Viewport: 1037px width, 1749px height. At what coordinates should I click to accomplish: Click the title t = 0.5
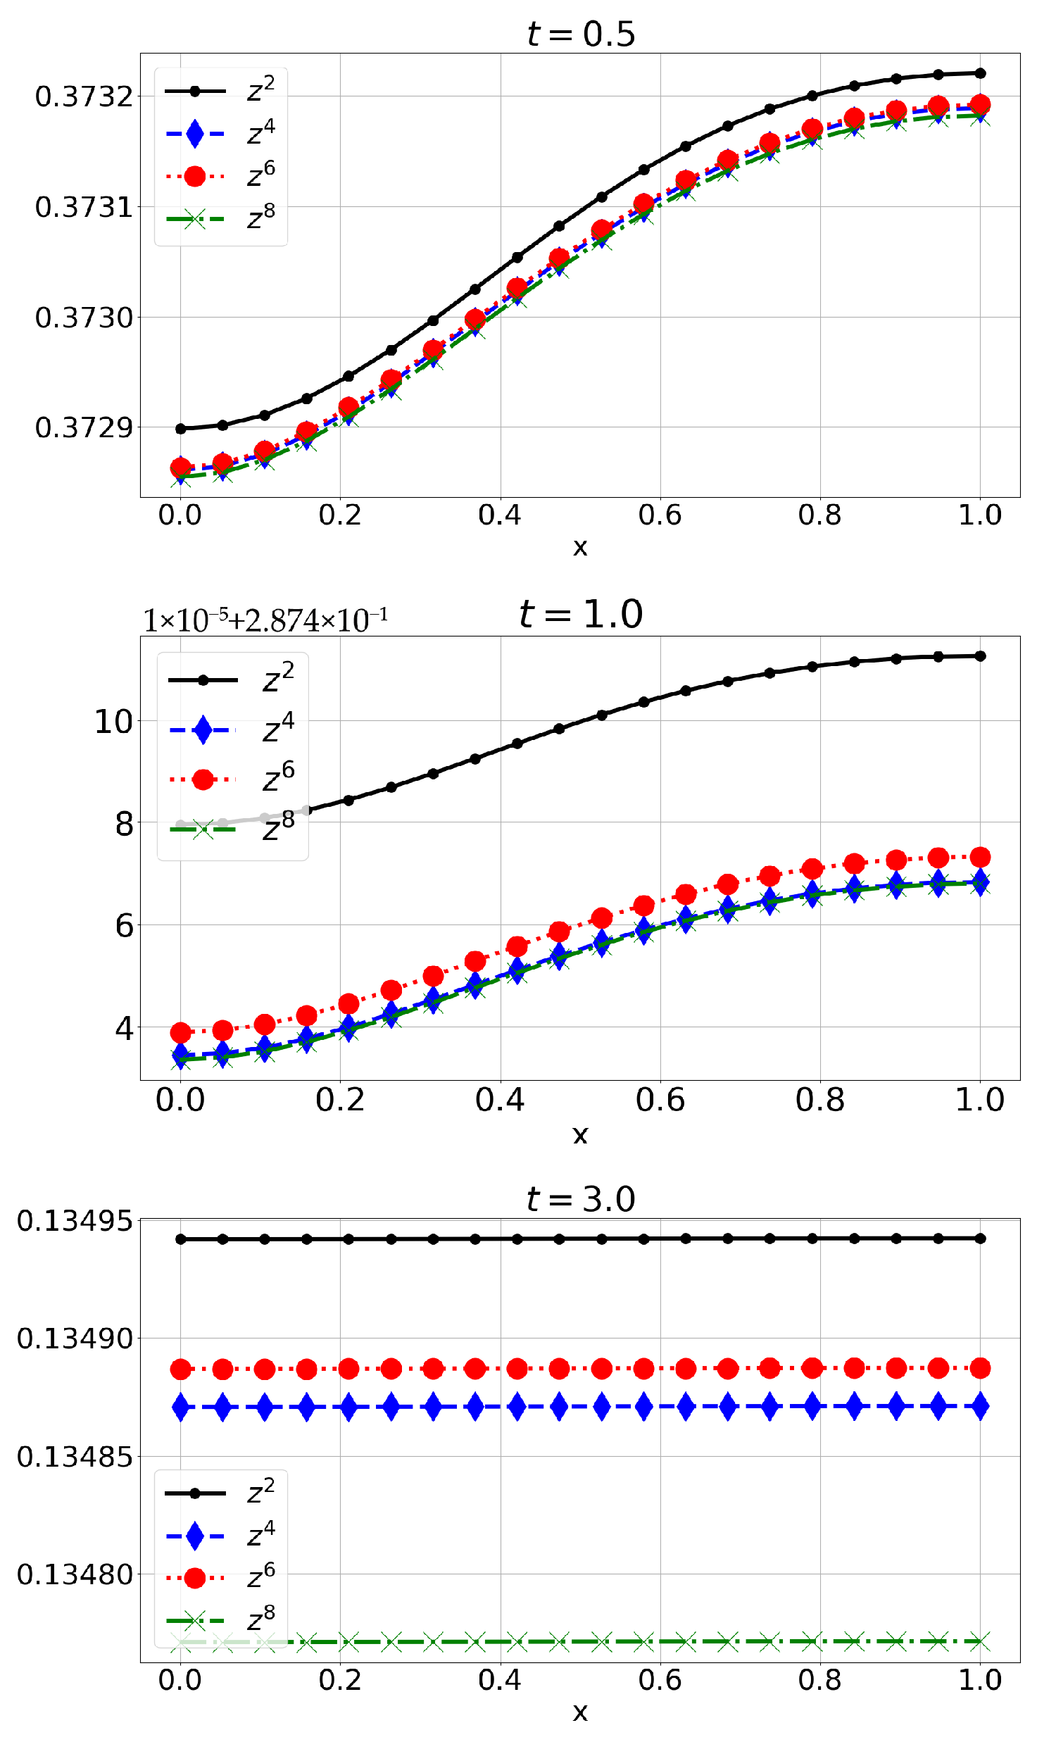pyautogui.click(x=581, y=34)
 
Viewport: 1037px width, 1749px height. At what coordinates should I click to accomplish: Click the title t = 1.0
pyautogui.click(x=581, y=614)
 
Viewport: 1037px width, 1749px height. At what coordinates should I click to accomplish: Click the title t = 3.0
pyautogui.click(x=581, y=1199)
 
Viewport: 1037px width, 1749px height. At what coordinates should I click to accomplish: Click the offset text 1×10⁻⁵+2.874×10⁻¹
pyautogui.click(x=265, y=620)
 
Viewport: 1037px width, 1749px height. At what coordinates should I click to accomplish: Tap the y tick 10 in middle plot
pyautogui.click(x=113, y=722)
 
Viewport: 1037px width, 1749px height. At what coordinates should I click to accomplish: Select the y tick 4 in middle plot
pyautogui.click(x=124, y=1029)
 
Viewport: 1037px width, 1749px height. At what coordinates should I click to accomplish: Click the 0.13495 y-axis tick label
pyautogui.click(x=75, y=1221)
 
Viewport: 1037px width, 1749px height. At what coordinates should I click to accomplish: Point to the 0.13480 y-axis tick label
pyautogui.click(x=75, y=1574)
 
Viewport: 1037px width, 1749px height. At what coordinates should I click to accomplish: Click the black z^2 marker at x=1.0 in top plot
pyautogui.click(x=980, y=73)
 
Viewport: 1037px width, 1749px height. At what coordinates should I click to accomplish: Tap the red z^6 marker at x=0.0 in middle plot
pyautogui.click(x=181, y=1033)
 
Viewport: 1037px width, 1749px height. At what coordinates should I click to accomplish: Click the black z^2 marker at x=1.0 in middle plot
pyautogui.click(x=980, y=656)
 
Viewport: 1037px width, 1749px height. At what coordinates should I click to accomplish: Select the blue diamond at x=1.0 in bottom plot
pyautogui.click(x=980, y=1407)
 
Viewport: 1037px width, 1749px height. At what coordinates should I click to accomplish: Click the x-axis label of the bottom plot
pyautogui.click(x=580, y=1712)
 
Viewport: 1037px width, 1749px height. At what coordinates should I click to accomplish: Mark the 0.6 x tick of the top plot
pyautogui.click(x=660, y=515)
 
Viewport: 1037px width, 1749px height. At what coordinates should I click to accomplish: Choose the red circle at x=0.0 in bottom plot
pyautogui.click(x=181, y=1369)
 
